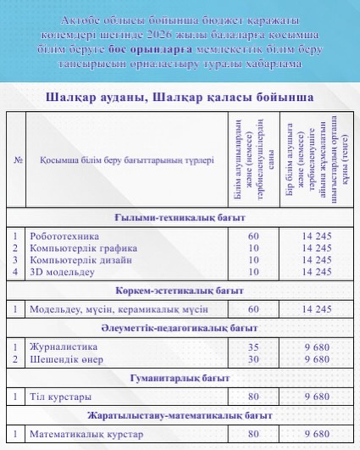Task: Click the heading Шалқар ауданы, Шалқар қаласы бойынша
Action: coord(180,97)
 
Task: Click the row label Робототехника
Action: coord(64,236)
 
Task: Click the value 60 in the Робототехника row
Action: coord(253,236)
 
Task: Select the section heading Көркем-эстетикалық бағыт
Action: coord(180,291)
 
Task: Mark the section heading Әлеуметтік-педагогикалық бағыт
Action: coord(180,328)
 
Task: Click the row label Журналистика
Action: coord(64,347)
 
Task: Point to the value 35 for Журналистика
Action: coord(253,347)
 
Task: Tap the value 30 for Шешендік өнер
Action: coord(253,358)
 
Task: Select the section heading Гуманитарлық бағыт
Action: coord(180,377)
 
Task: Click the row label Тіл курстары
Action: coord(62,396)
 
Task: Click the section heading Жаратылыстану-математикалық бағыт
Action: coord(180,415)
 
